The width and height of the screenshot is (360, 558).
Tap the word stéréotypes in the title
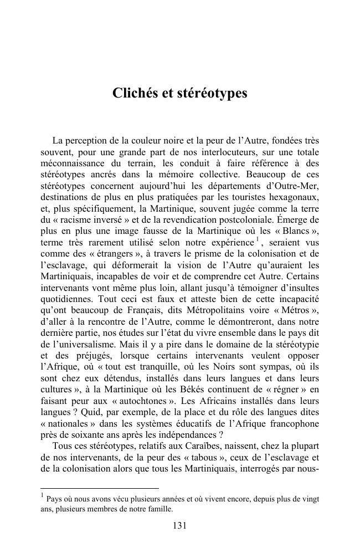click(212, 93)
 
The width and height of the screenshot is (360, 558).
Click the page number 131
click(179, 526)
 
